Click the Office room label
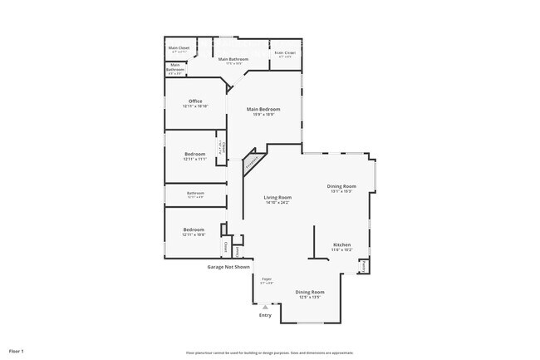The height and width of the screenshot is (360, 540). tap(195, 101)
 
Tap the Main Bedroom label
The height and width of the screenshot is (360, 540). tap(263, 110)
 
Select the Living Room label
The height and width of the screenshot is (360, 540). tap(277, 197)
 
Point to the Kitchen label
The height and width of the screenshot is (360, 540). tap(341, 244)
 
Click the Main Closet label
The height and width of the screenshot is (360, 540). tap(179, 48)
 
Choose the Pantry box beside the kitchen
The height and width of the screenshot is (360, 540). tap(364, 267)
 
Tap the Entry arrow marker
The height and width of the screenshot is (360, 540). tap(265, 306)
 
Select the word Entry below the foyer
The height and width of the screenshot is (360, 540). tap(265, 315)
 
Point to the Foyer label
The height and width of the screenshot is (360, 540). tap(267, 279)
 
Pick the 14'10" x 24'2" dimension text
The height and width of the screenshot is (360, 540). tap(277, 202)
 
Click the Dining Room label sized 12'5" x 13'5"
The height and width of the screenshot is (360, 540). tap(310, 292)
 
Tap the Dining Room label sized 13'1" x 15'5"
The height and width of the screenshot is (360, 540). tap(342, 185)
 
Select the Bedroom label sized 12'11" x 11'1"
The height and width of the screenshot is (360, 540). tap(195, 155)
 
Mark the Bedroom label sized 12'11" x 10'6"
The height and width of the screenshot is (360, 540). tap(194, 229)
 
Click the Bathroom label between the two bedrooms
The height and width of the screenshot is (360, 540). tap(195, 193)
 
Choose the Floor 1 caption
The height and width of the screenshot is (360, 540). tap(17, 352)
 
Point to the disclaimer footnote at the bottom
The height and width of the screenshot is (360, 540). tap(269, 353)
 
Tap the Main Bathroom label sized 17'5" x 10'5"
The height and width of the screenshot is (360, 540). tap(234, 60)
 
